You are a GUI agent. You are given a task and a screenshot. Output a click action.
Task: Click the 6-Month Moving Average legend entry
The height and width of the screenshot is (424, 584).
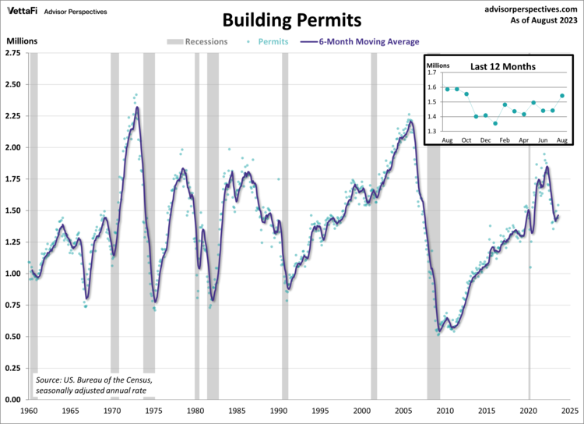point(366,41)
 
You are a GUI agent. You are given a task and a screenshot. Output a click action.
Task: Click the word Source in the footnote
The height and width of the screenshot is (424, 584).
point(48,380)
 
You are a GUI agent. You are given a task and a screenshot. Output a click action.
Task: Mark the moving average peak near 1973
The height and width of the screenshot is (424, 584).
point(137,108)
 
